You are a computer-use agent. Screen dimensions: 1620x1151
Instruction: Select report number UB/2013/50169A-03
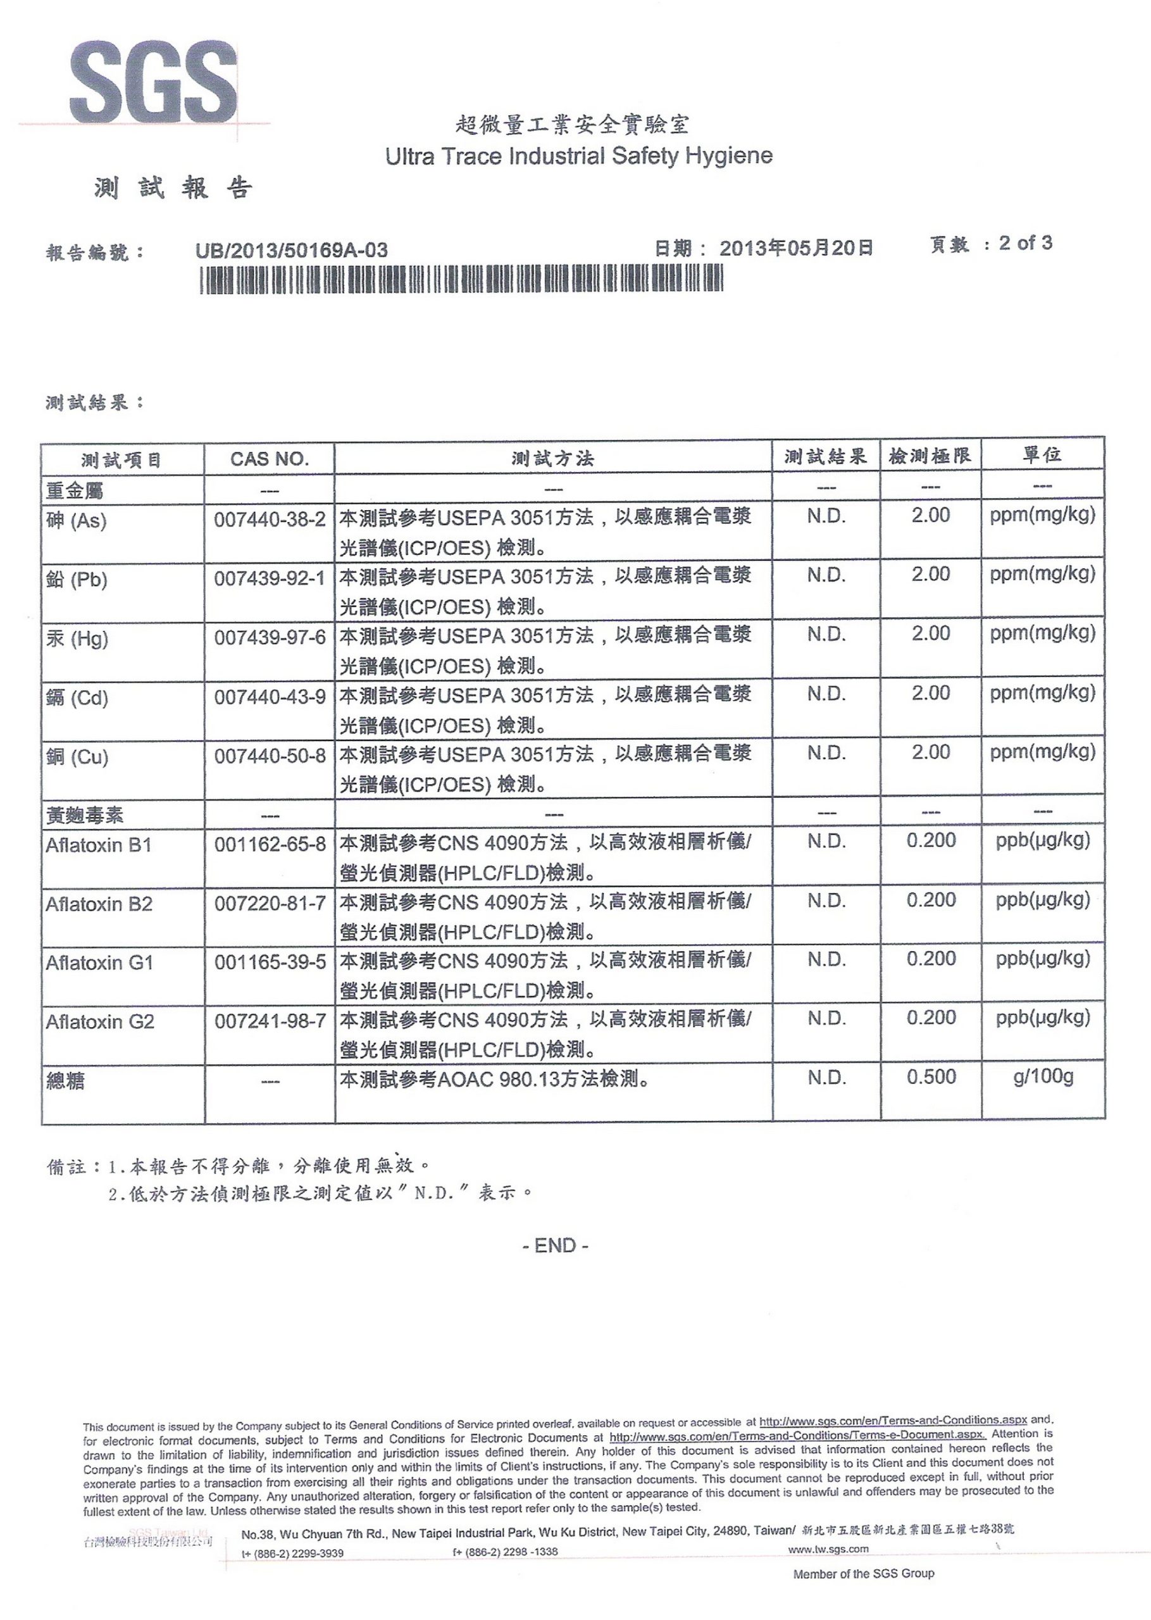pyautogui.click(x=291, y=250)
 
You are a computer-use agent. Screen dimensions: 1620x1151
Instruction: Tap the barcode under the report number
pyautogui.click(x=461, y=278)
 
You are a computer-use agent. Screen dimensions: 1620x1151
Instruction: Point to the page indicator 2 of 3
pyautogui.click(x=1025, y=243)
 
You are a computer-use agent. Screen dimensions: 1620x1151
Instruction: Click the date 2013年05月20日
pyautogui.click(x=796, y=248)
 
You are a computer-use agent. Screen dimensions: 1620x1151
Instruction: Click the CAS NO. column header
pyautogui.click(x=270, y=459)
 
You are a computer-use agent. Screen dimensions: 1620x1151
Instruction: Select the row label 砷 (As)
pyautogui.click(x=76, y=521)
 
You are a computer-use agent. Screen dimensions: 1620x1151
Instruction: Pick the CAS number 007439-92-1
pyautogui.click(x=270, y=579)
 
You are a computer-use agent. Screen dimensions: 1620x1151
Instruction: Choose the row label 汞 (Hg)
pyautogui.click(x=77, y=639)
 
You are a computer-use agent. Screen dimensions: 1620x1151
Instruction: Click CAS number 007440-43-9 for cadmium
pyautogui.click(x=270, y=697)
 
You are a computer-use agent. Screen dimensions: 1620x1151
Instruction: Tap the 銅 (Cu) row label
pyautogui.click(x=77, y=757)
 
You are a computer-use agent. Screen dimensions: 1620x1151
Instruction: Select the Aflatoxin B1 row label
pyautogui.click(x=99, y=845)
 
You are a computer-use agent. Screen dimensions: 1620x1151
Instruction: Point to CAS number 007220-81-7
pyautogui.click(x=270, y=904)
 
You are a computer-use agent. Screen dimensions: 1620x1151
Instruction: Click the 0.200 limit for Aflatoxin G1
pyautogui.click(x=931, y=959)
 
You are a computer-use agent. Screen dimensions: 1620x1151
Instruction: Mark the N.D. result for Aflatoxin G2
pyautogui.click(x=826, y=1018)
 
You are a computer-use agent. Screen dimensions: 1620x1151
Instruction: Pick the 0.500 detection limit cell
pyautogui.click(x=931, y=1077)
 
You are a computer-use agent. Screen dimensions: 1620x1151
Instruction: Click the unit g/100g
pyautogui.click(x=1043, y=1077)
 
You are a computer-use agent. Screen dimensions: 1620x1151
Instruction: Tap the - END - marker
pyautogui.click(x=555, y=1246)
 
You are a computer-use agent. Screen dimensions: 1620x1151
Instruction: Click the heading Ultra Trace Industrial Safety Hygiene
pyautogui.click(x=578, y=156)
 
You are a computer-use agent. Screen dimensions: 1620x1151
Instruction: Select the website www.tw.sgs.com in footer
pyautogui.click(x=828, y=1549)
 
